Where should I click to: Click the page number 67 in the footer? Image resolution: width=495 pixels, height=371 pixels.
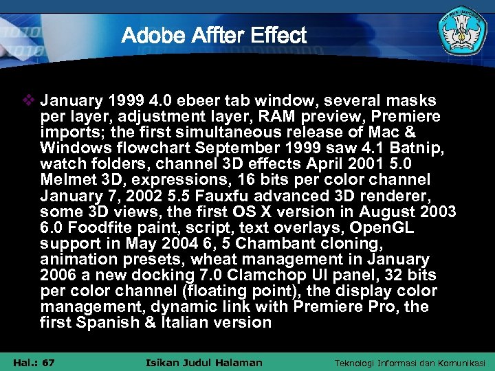pos(48,362)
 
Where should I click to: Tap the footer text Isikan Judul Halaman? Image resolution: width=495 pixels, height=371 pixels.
pos(205,362)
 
